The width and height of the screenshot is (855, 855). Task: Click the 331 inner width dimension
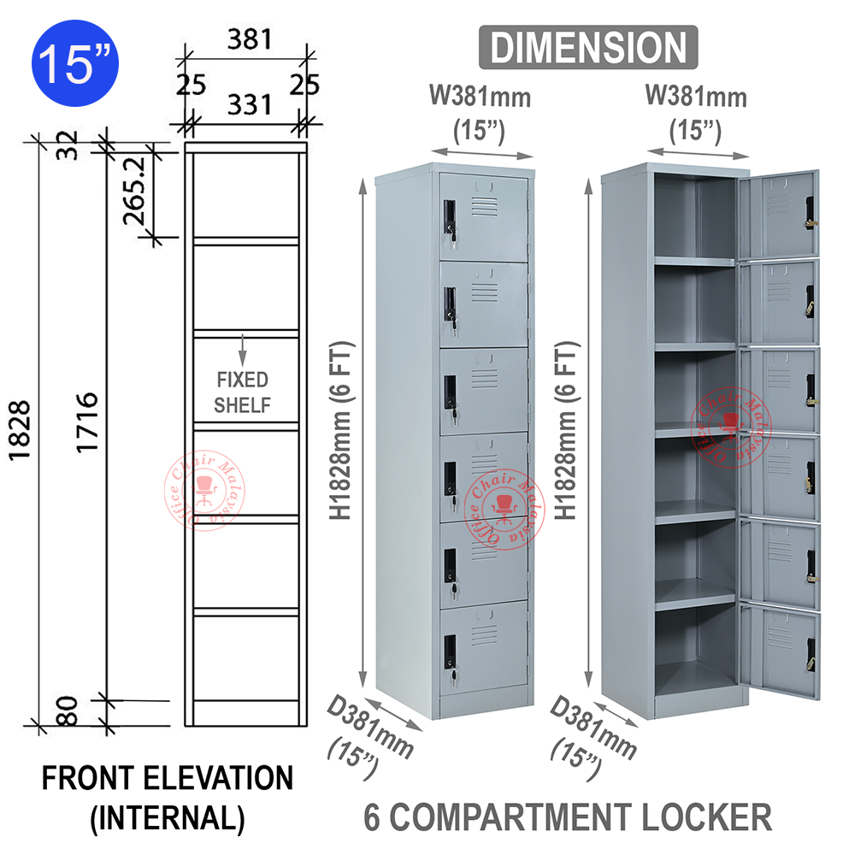250,105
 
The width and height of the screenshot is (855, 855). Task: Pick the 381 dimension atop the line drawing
248,39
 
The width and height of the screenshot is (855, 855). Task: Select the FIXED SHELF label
242,392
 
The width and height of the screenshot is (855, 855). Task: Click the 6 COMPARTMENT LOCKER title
568,817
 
